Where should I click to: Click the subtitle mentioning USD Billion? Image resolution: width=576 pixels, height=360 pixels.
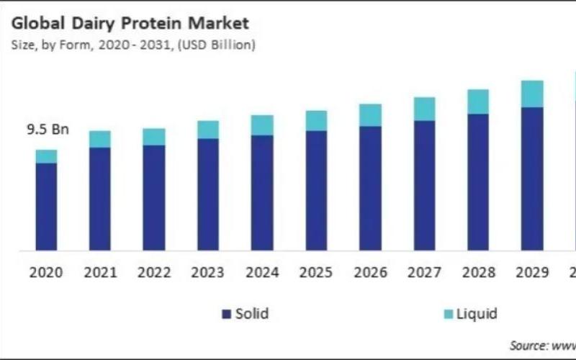coord(132,45)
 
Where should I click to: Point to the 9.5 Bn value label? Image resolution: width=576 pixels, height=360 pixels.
coord(48,130)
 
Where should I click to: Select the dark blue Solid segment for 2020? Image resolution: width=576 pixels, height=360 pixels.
coord(46,207)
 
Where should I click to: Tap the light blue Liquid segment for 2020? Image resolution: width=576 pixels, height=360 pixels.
coord(46,156)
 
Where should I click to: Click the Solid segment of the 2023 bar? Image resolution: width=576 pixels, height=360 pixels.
coord(208,194)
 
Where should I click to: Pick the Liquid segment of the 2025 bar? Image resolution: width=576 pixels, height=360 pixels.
coord(316,120)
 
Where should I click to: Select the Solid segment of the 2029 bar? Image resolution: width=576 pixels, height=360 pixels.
coord(532,179)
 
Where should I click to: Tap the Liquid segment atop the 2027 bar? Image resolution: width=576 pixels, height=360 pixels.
coord(424,109)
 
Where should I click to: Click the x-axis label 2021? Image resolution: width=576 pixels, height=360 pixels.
coord(100,273)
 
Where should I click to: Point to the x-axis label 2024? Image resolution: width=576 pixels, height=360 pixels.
coord(262,273)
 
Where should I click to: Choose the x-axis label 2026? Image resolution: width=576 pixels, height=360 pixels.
coord(370,273)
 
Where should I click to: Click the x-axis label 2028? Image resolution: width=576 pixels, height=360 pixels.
coord(478,273)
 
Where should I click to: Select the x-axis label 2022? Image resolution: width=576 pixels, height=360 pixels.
coord(154,273)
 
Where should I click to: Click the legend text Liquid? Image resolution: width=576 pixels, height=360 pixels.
coord(477,314)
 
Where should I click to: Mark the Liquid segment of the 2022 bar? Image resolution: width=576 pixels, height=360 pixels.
coord(154,137)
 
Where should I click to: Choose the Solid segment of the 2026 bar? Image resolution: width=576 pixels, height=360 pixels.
coord(370,188)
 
